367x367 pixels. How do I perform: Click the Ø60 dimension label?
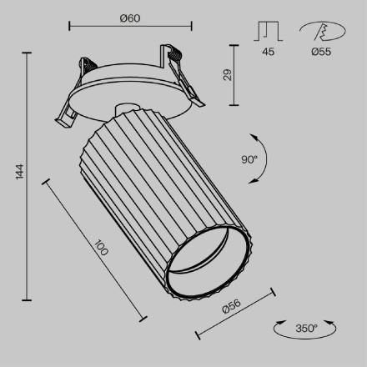coord(129,17)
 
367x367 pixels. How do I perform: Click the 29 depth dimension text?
coord(228,75)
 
